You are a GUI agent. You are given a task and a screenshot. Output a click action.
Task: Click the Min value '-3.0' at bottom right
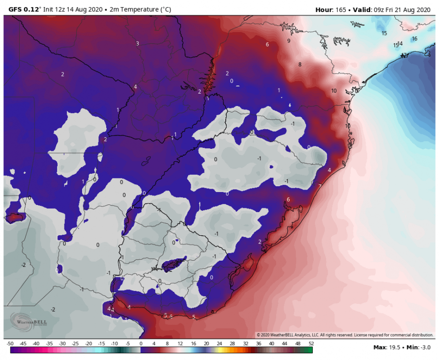tap(424, 347)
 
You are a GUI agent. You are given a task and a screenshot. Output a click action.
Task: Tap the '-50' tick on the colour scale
tap(10, 343)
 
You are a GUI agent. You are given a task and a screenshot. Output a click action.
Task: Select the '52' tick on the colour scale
tap(311, 343)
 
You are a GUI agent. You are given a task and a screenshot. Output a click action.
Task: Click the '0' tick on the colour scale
tap(141, 343)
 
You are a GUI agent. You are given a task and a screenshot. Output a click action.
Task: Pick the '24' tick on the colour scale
tap(219, 343)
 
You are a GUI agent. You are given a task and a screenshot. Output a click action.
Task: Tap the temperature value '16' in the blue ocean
tap(415, 38)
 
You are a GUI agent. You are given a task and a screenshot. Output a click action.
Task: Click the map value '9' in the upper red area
tap(289, 41)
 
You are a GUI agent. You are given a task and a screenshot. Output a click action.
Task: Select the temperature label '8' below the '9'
tap(300, 64)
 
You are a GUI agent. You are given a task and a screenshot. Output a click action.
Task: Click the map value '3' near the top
tap(137, 44)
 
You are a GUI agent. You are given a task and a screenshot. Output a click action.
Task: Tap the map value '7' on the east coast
tap(320, 186)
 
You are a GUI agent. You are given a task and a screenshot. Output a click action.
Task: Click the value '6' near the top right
tap(267, 44)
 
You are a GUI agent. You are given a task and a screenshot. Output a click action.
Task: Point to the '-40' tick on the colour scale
tap(36, 343)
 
